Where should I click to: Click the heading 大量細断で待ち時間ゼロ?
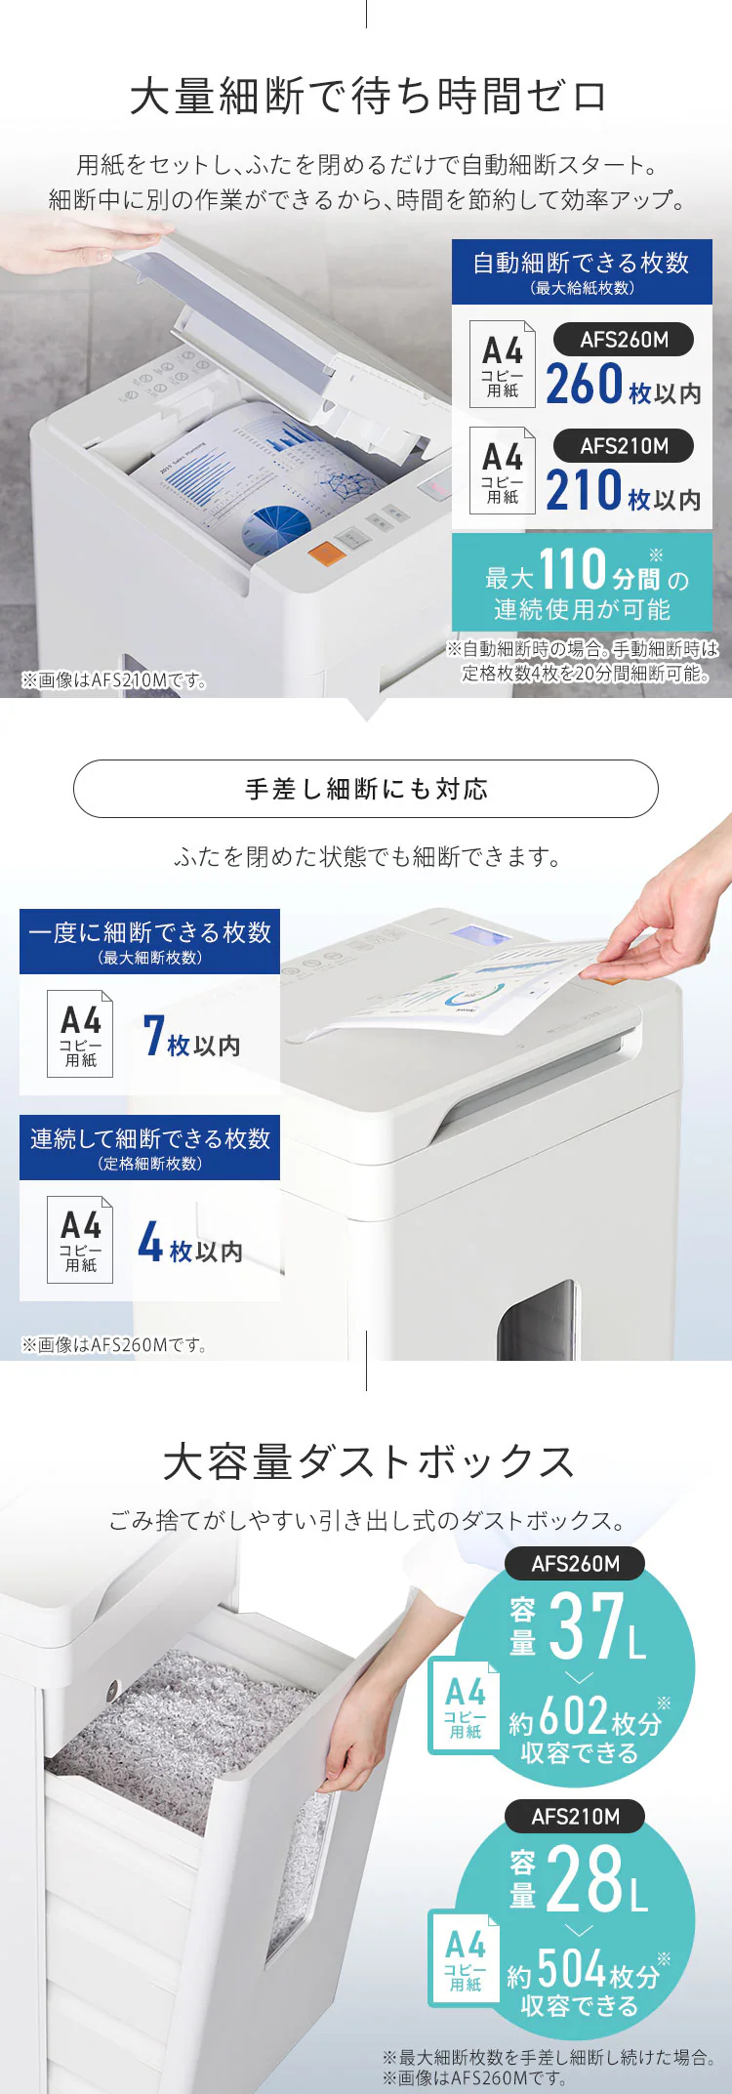pyautogui.click(x=368, y=97)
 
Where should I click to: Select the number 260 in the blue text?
pyautogui.click(x=584, y=384)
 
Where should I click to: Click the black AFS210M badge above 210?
pyautogui.click(x=624, y=446)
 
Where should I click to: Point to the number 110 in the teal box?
pyautogui.click(x=573, y=569)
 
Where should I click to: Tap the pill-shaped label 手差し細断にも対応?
pyautogui.click(x=366, y=789)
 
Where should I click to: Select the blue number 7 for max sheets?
pyautogui.click(x=153, y=1037)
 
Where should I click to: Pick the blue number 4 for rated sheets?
pyautogui.click(x=149, y=1242)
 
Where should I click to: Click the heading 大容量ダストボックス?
pyautogui.click(x=368, y=1462)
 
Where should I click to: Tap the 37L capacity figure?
pyautogui.click(x=596, y=1627)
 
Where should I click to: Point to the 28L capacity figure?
pyautogui.click(x=596, y=1880)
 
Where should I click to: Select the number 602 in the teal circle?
pyautogui.click(x=572, y=1714)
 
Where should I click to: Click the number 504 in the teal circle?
pyautogui.click(x=572, y=1968)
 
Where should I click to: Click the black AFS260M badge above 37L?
pyautogui.click(x=575, y=1564)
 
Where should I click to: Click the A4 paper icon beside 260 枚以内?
pyautogui.click(x=502, y=363)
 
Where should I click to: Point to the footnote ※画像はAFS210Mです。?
pyautogui.click(x=114, y=680)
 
